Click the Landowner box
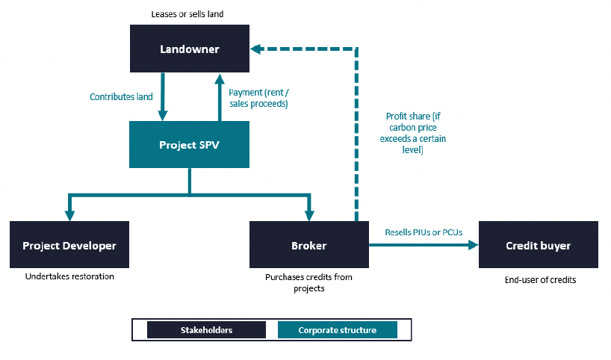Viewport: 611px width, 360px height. coord(190,49)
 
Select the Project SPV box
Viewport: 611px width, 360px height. coord(190,145)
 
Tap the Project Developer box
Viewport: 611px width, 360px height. coord(69,245)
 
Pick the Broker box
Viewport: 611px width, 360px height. coord(309,245)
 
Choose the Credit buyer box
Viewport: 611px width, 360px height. coord(538,245)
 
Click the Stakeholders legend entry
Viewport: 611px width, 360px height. coord(206,330)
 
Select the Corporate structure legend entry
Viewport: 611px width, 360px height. coord(338,330)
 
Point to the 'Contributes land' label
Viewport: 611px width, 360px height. coord(121,96)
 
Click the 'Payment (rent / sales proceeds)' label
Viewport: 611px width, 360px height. coord(258,98)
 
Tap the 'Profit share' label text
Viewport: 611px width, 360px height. coord(413,133)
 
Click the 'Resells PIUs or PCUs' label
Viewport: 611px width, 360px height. coord(424,232)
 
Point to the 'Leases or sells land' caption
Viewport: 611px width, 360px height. coord(187,14)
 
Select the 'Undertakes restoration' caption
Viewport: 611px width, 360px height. coord(69,276)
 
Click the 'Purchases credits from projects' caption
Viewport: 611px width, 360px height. coord(309,282)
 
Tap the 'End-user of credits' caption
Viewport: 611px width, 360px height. coord(541,280)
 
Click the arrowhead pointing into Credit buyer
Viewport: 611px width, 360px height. coord(474,245)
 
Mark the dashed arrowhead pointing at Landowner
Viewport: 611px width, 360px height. coord(255,49)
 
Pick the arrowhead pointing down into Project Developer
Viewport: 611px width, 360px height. coord(69,216)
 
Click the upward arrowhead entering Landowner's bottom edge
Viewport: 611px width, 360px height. coord(220,78)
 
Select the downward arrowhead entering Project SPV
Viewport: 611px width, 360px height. coord(163,116)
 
